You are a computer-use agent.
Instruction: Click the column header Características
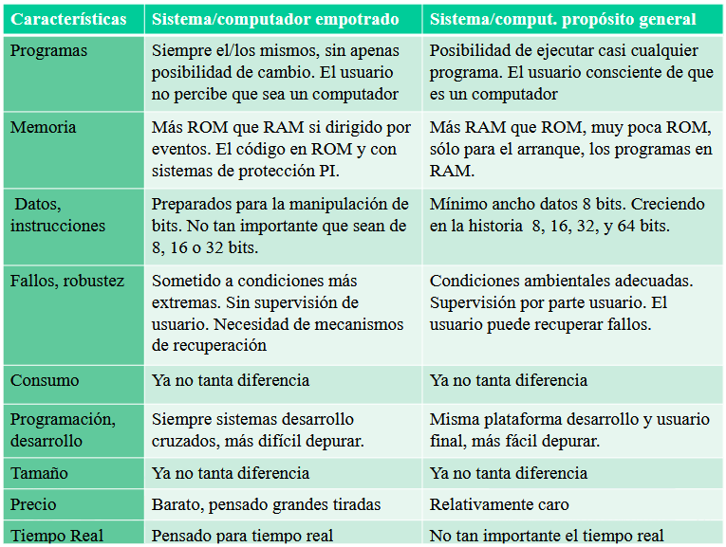coord(68,19)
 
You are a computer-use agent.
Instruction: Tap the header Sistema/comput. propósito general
coord(563,19)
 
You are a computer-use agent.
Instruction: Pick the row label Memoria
coord(43,127)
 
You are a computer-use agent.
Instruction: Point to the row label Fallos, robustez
coord(66,281)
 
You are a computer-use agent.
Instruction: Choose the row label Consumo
coord(45,380)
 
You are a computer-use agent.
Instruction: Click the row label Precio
coord(33,504)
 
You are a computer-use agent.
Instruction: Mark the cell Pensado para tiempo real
coord(242,536)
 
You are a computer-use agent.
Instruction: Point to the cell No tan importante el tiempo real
coord(547,536)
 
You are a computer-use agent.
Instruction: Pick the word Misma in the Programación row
coord(452,419)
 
